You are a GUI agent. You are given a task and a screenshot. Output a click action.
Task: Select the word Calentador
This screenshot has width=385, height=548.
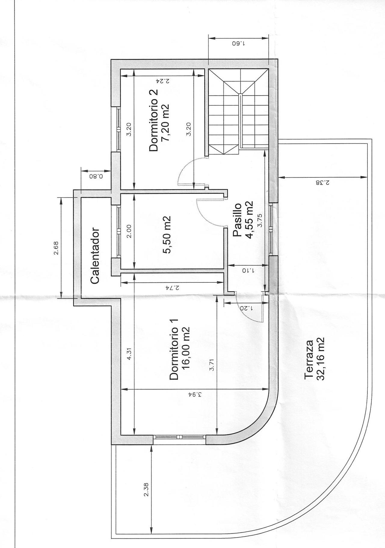[x=95, y=256]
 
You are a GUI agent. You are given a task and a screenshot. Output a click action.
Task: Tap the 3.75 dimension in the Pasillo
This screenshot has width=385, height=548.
[x=260, y=220]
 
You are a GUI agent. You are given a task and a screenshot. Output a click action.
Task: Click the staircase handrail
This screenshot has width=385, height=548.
[x=241, y=120]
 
